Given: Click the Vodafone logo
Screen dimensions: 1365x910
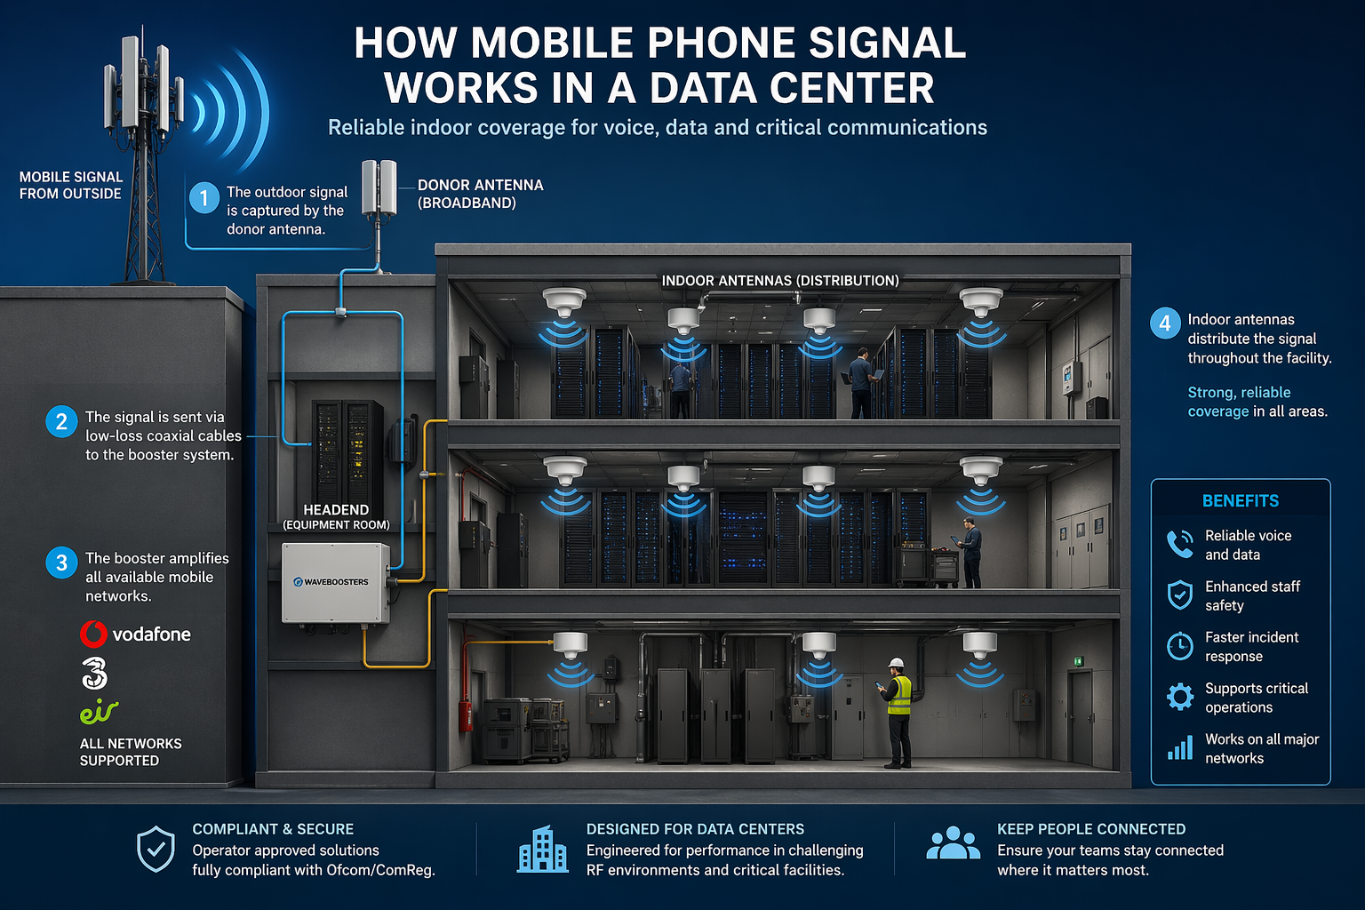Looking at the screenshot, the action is [135, 634].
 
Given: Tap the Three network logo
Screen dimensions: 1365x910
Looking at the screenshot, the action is [94, 673].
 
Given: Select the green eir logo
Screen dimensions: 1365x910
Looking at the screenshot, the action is [99, 711].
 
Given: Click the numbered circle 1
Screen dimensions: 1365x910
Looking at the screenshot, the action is [204, 197].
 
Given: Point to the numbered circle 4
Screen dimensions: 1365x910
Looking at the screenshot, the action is [1165, 323].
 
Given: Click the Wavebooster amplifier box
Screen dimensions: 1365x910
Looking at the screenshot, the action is [336, 583].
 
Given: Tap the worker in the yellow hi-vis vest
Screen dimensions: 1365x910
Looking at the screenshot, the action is [897, 712].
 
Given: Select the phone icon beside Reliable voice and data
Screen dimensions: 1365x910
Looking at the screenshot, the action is [1180, 544].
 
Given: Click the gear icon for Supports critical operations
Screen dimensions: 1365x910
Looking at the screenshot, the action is [1180, 697].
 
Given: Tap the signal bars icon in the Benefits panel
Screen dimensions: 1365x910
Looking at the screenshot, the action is [1180, 747].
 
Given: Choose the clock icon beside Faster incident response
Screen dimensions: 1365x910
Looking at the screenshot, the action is [1180, 645].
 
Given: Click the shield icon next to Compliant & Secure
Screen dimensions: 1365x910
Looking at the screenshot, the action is [156, 849].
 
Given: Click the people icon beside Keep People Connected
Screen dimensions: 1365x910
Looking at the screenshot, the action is [953, 843].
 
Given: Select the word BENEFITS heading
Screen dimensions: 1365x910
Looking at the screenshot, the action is [1240, 501].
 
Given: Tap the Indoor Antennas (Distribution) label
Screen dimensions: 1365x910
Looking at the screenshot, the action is [780, 280].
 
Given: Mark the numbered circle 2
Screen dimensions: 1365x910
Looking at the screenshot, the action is [61, 422].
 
